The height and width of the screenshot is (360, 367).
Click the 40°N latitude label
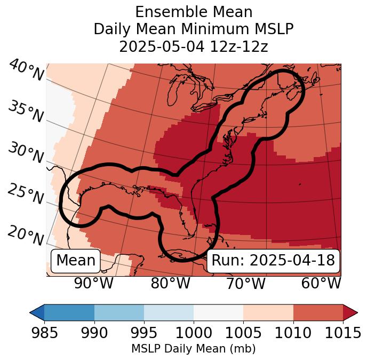coord(26,71)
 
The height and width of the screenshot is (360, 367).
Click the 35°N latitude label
coord(26,112)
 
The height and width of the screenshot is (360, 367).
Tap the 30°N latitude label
coord(26,154)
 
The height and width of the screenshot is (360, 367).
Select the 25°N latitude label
coord(26,195)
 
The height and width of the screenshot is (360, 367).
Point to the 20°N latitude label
coord(26,236)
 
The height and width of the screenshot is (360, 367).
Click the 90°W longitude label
coord(93,283)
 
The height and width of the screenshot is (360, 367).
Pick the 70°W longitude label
coord(245,283)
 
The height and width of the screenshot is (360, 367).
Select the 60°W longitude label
coord(321,283)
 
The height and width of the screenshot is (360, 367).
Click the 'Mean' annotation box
coord(76,261)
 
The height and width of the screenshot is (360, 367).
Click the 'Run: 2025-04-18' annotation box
coord(273,261)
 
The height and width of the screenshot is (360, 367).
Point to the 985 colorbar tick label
coord(44,333)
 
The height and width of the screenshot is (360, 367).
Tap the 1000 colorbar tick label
coord(193,333)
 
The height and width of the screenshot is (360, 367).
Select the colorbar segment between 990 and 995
coord(119,312)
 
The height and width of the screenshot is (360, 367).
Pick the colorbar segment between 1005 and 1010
coord(268,312)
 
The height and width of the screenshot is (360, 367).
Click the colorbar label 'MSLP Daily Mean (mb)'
coord(193,349)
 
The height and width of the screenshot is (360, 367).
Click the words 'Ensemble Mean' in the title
coord(194,12)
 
